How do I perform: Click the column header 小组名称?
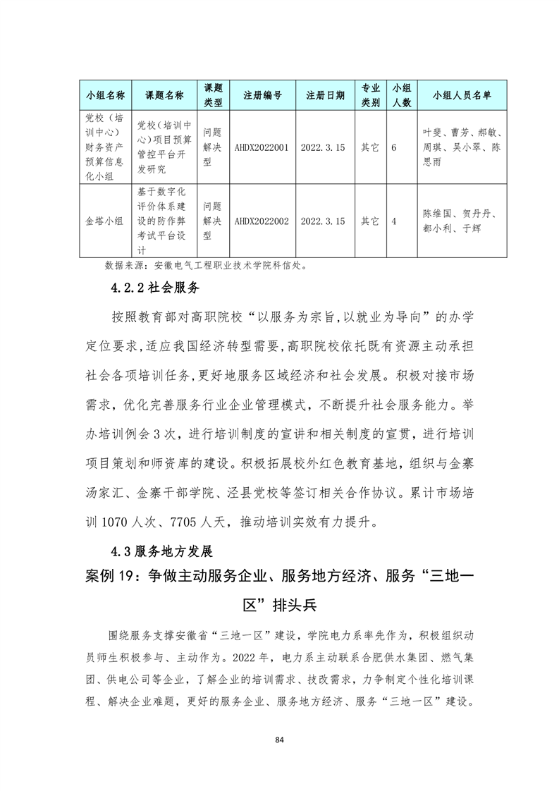coord(105,95)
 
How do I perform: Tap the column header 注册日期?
coord(325,95)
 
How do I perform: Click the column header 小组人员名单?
coord(462,95)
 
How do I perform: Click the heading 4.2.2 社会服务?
coord(156,288)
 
